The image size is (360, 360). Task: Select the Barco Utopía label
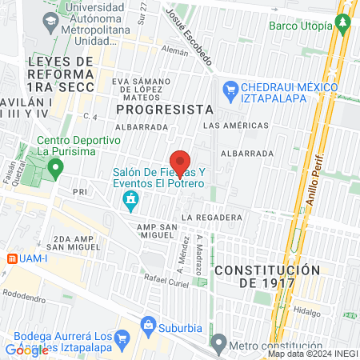300,26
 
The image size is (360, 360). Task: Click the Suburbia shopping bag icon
148,325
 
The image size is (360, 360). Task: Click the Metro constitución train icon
218,346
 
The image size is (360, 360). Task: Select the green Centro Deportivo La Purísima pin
55,168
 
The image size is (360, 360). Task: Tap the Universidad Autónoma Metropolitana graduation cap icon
50,22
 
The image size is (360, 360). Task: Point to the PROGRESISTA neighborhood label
164,109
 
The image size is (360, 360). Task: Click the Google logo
26,350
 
